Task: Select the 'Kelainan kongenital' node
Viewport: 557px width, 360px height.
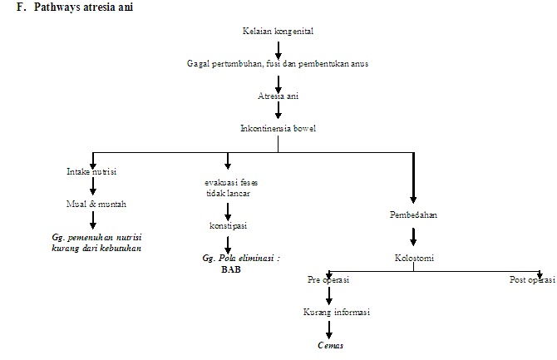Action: [x=278, y=32]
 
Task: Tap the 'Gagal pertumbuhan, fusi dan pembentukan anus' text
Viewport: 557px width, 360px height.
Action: [x=278, y=64]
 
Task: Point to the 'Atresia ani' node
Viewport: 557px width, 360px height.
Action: [x=278, y=96]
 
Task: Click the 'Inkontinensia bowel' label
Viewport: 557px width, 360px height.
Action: [x=278, y=128]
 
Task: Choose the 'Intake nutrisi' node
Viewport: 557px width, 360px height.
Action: [x=91, y=171]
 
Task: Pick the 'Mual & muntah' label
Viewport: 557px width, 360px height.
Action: [x=91, y=203]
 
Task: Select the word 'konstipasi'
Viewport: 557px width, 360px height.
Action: [x=228, y=225]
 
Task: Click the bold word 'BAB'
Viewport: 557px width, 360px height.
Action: [x=230, y=269]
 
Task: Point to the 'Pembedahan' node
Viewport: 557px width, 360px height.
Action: [x=413, y=215]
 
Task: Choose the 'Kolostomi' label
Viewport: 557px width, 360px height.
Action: [x=413, y=258]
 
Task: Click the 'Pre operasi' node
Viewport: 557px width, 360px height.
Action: [x=328, y=280]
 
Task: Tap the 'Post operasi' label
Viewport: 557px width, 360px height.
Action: [x=531, y=280]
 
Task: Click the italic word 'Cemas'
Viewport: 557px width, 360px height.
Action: [x=330, y=344]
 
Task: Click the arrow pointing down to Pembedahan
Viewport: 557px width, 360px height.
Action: [x=413, y=179]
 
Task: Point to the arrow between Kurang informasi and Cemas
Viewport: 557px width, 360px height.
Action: [x=330, y=328]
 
